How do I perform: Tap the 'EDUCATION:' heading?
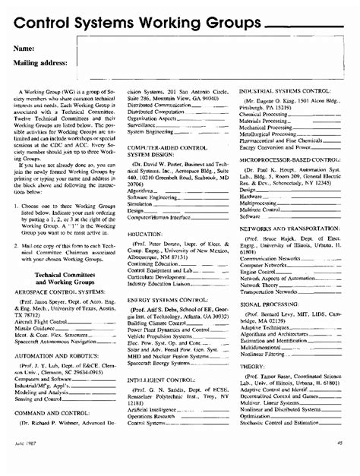[x=144, y=235]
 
